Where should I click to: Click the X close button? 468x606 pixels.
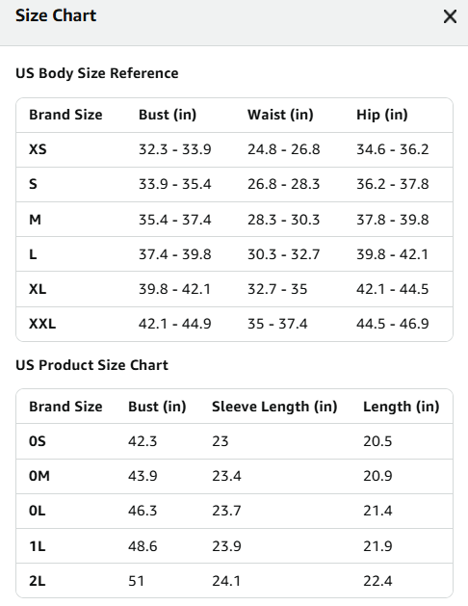pos(450,16)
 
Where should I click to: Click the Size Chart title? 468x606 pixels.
pos(56,15)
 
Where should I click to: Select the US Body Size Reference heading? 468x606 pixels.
pos(97,73)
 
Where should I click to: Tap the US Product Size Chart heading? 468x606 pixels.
pos(91,365)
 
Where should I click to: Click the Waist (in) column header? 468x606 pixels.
pos(280,115)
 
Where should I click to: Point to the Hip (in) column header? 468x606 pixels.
pos(382,115)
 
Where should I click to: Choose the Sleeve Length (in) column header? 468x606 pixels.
pos(274,407)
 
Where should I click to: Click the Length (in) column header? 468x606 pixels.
pos(402,407)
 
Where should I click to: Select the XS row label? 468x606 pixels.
pos(38,149)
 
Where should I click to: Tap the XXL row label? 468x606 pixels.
pos(42,324)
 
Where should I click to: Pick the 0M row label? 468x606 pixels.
pos(39,476)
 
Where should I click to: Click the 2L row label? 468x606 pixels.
pos(37,581)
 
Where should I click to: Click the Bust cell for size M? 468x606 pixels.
pos(175,220)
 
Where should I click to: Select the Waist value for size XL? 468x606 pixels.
pos(277,289)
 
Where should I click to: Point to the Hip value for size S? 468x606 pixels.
pos(392,184)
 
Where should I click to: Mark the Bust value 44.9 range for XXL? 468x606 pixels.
pos(175,324)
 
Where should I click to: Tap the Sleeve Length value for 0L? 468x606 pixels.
pos(226,511)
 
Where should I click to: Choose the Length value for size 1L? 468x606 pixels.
pos(377,546)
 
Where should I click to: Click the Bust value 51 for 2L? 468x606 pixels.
pos(136,581)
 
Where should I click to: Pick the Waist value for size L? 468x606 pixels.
pos(283,254)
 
